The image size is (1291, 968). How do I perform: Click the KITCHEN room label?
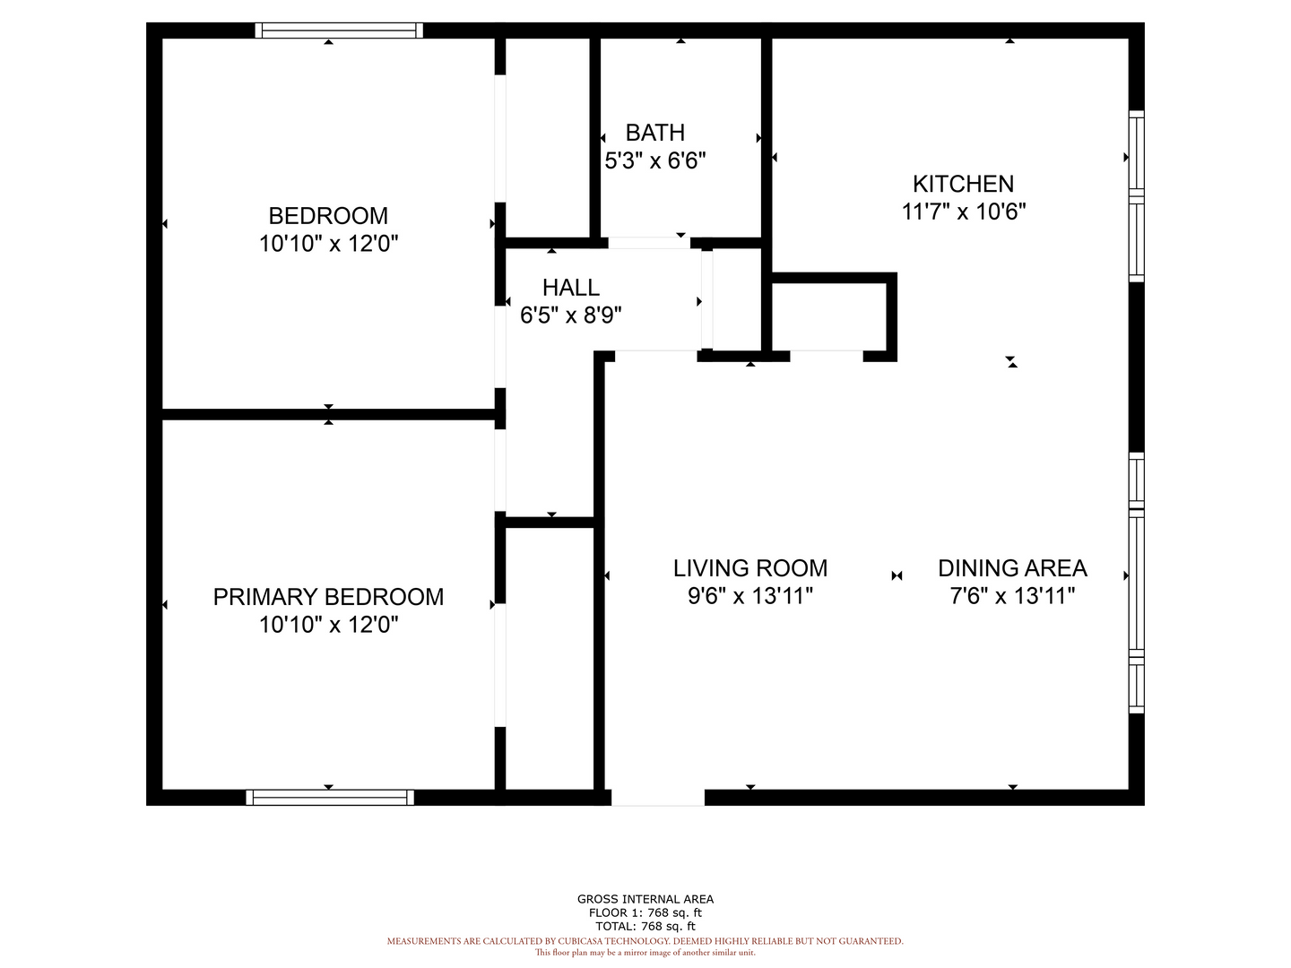(x=963, y=184)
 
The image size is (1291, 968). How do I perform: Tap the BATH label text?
(x=655, y=133)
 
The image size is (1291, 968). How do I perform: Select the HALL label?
(x=570, y=288)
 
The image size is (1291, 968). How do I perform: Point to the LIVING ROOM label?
(x=749, y=568)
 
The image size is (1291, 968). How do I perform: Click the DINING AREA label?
(x=1012, y=568)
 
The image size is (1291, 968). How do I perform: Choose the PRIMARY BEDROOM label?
(x=328, y=597)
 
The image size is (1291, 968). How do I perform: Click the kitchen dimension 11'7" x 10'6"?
(x=964, y=212)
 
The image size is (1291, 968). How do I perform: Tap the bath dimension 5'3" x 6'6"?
(x=655, y=160)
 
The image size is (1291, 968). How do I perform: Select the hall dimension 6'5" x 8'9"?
(x=570, y=315)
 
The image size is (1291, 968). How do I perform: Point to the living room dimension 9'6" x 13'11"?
(x=749, y=596)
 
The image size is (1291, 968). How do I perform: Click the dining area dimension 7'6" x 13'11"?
(x=1012, y=596)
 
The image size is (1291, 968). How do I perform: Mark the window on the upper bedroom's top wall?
(x=339, y=30)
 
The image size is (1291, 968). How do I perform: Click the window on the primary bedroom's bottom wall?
(x=329, y=797)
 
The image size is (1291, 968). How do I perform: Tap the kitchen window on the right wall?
(x=1136, y=196)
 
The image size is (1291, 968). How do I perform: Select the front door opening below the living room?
(x=657, y=797)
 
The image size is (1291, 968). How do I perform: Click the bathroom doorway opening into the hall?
(x=649, y=243)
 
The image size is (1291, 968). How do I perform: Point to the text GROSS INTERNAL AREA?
(x=645, y=899)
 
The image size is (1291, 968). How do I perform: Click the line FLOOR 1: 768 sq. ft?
(x=645, y=912)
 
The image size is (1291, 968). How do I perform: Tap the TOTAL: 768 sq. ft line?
(x=645, y=926)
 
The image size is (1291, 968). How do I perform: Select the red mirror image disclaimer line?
(x=645, y=953)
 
